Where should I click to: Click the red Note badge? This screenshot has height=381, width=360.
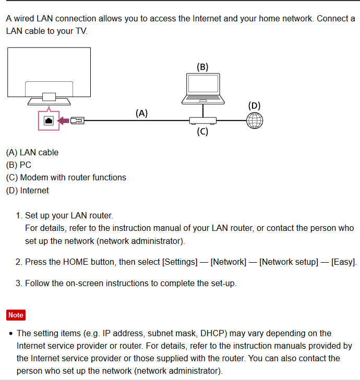coord(16,315)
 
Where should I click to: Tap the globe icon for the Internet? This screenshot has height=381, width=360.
coord(255,120)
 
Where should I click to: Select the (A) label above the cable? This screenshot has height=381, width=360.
coord(142,113)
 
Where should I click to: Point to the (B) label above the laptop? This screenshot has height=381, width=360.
coord(202,67)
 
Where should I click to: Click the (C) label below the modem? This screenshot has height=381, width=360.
coord(202,131)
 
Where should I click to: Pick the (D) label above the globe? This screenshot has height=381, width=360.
coord(254,105)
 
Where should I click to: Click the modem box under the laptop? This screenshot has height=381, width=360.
coord(202,120)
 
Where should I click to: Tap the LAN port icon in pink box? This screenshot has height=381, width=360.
coord(49,120)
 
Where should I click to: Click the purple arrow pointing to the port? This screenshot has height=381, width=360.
coord(63,120)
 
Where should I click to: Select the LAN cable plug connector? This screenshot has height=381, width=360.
coord(77,120)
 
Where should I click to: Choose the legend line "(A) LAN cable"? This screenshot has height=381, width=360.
coord(32,152)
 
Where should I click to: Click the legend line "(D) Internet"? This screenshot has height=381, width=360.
coord(27,190)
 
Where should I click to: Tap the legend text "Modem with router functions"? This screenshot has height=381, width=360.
coord(73,177)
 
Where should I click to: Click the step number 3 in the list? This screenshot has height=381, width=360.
coord(18,284)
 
